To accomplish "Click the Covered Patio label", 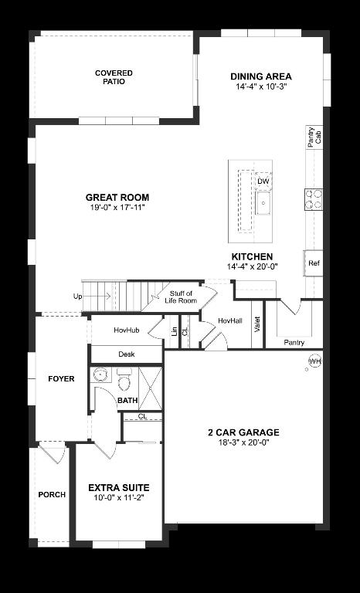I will (x=114, y=77).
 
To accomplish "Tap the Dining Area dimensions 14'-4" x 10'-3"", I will (x=261, y=87).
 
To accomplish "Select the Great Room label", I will (x=117, y=198).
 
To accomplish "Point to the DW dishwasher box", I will (x=263, y=181).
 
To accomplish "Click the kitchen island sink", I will (x=263, y=205).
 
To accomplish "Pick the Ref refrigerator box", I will (x=314, y=263).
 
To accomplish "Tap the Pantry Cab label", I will (x=314, y=137).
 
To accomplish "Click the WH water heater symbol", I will (x=314, y=361).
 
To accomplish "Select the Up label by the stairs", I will (x=78, y=296).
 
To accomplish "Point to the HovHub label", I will (x=126, y=330).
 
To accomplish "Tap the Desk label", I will (x=127, y=354).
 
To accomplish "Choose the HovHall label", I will (x=230, y=320).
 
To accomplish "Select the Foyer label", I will (x=61, y=378).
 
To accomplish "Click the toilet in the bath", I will (x=124, y=380).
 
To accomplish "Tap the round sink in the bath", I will (x=100, y=375).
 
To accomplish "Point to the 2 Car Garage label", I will (x=243, y=432).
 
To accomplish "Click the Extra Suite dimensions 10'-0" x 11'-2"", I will (x=118, y=498).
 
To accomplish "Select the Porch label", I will (x=52, y=495).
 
